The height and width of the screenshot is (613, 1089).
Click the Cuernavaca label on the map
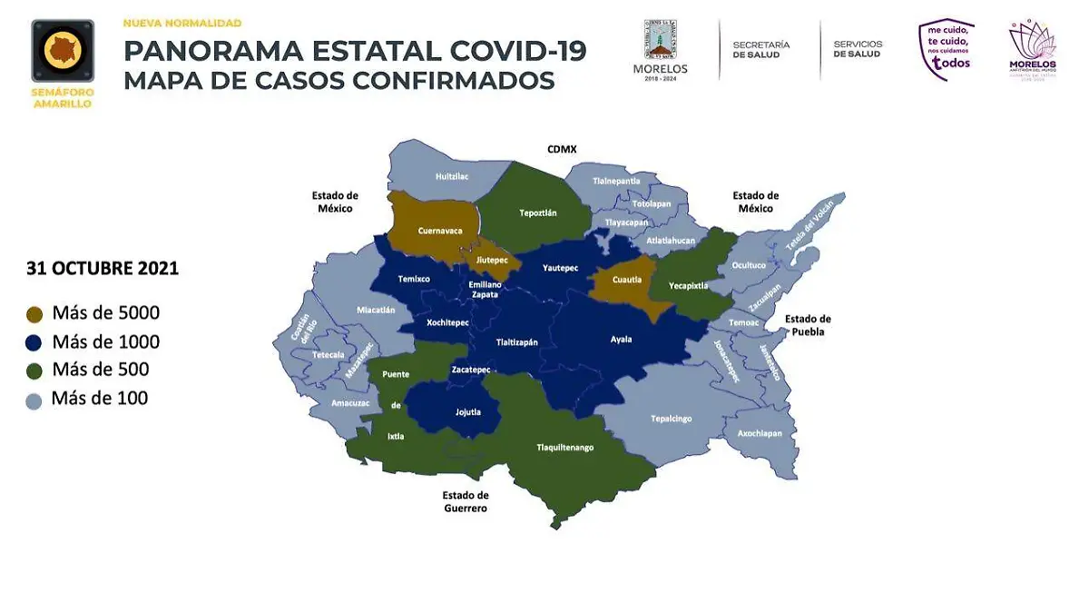[440, 231]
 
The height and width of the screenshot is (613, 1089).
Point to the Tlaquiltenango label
[564, 447]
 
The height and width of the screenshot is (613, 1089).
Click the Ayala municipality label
[621, 340]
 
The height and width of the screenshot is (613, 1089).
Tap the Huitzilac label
[451, 176]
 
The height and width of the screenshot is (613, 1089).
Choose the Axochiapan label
[760, 433]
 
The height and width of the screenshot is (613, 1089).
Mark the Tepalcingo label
[671, 419]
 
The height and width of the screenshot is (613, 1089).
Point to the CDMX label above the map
[562, 148]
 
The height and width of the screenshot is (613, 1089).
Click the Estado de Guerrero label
[466, 501]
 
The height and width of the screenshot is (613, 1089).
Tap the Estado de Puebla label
[808, 325]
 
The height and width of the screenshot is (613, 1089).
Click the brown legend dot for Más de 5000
[34, 314]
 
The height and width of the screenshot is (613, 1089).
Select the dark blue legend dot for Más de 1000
[34, 342]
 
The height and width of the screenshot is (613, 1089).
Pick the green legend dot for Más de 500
[34, 371]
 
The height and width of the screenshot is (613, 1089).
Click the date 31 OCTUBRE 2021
[103, 269]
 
